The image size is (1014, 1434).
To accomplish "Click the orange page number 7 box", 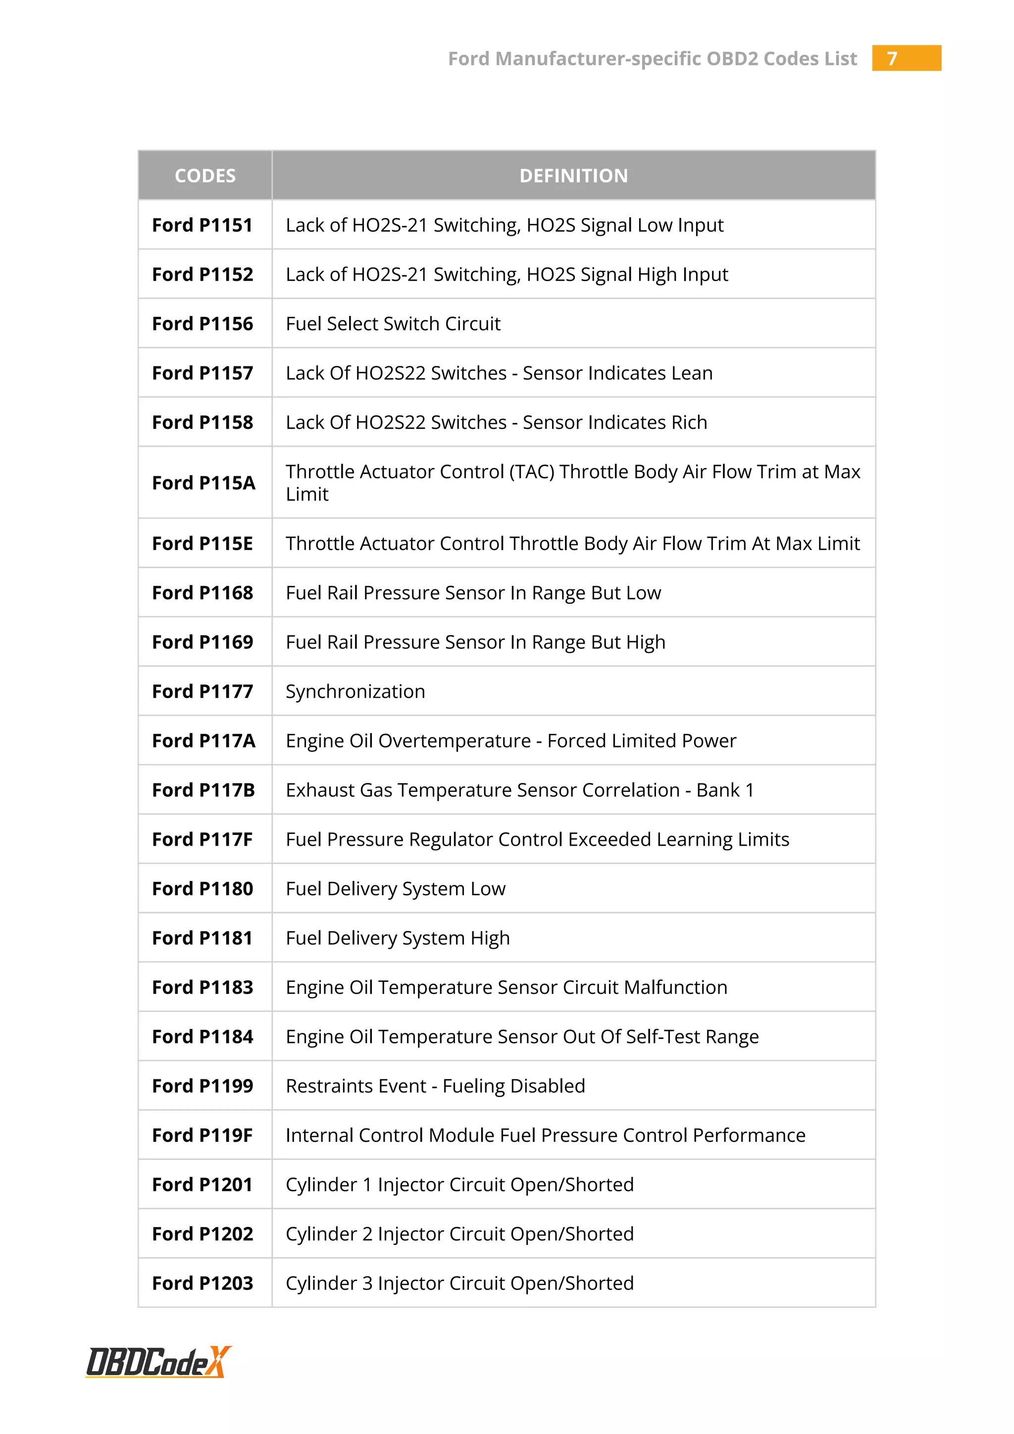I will pyautogui.click(x=906, y=58).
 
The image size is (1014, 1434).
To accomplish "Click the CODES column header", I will pyautogui.click(x=205, y=175).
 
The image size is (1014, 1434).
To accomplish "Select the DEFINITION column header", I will pyautogui.click(x=573, y=175).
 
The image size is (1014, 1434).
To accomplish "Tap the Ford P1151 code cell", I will pyautogui.click(x=203, y=225).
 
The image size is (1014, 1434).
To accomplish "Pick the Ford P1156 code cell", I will pyautogui.click(x=203, y=323).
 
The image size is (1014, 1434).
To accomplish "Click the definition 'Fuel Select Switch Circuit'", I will pyautogui.click(x=393, y=323).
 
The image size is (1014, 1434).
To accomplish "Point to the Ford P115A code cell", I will pyautogui.click(x=203, y=483).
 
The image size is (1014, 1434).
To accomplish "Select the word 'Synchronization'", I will pyautogui.click(x=355, y=691).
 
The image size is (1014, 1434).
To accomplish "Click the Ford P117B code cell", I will pyautogui.click(x=203, y=790).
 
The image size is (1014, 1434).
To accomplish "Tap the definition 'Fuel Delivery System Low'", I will pyautogui.click(x=395, y=889).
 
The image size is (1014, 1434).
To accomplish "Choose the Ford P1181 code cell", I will pyautogui.click(x=203, y=938).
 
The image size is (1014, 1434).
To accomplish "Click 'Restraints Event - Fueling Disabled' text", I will pyautogui.click(x=435, y=1086).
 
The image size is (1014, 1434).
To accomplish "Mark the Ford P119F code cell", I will pyautogui.click(x=203, y=1135).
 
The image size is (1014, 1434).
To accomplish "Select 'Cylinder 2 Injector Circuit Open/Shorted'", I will pyautogui.click(x=459, y=1234).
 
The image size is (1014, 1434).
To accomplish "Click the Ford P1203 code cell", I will pyautogui.click(x=203, y=1283).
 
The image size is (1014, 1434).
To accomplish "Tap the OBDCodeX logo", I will pyautogui.click(x=158, y=1362).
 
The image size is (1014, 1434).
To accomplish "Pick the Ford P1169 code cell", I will pyautogui.click(x=203, y=642).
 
